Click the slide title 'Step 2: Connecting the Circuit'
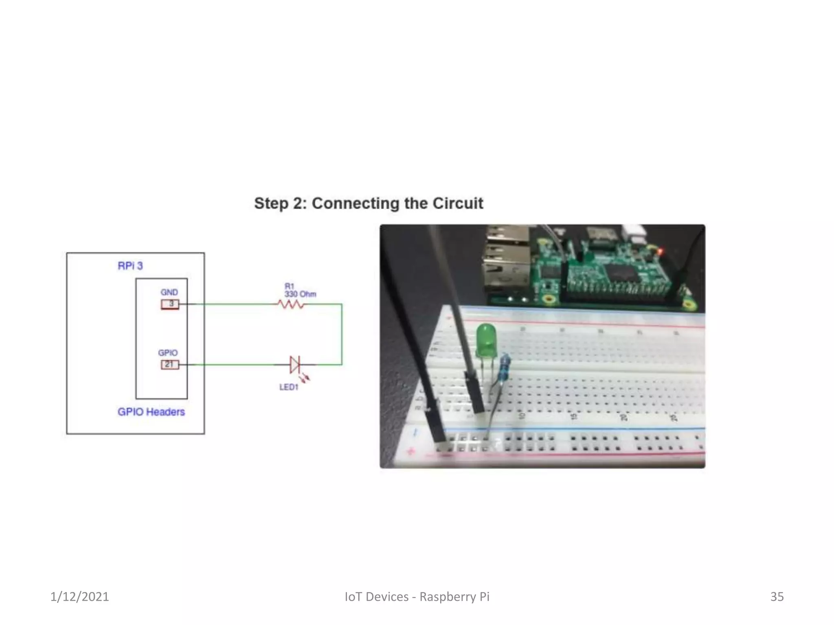369,203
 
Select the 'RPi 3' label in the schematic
130,266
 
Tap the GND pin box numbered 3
170,304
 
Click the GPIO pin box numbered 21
169,365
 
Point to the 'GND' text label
169,292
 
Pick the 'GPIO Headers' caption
151,412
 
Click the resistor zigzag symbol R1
290,304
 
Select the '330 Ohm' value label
300,294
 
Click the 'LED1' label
289,387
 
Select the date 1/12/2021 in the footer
79,597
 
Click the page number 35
777,597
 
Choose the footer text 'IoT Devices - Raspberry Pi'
417,597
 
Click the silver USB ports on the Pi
506,260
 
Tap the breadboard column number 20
623,417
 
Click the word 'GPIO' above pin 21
168,352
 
